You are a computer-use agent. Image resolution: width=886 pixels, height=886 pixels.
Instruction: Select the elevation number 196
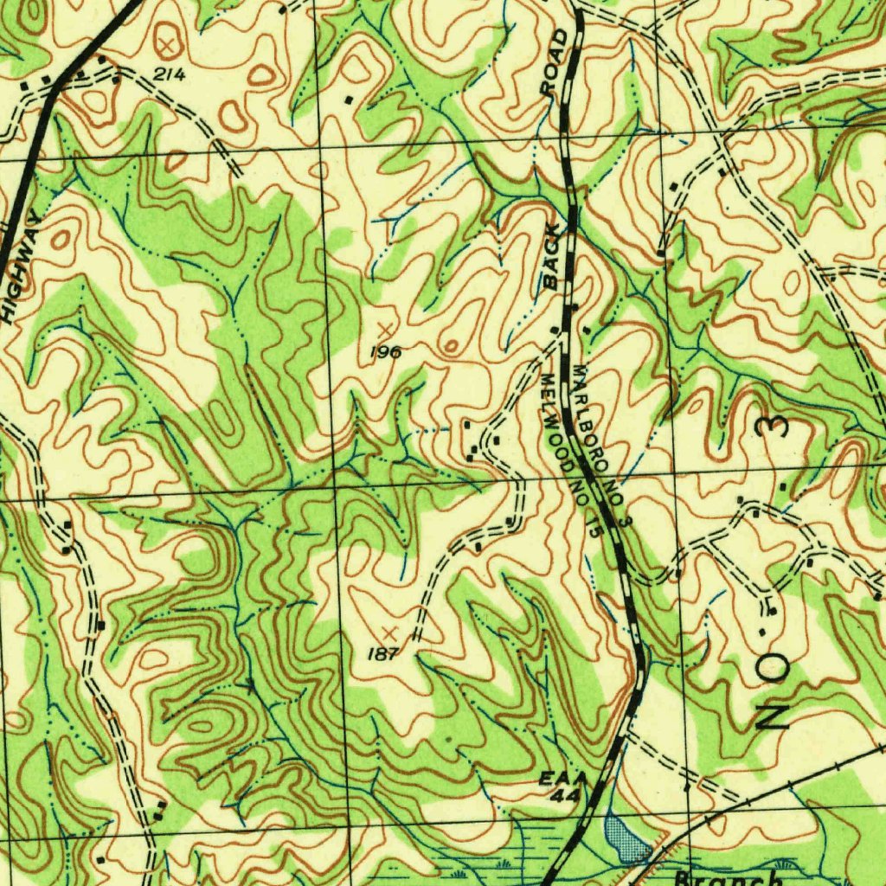[386, 352]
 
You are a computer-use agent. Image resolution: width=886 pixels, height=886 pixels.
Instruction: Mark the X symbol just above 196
[385, 329]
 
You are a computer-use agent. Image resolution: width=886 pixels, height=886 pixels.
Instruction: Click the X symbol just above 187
[389, 632]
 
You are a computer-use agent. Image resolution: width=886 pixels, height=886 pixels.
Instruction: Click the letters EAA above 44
[563, 778]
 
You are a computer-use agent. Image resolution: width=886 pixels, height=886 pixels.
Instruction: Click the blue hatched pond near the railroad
[626, 837]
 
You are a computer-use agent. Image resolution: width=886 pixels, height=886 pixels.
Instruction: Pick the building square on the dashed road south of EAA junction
[686, 788]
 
